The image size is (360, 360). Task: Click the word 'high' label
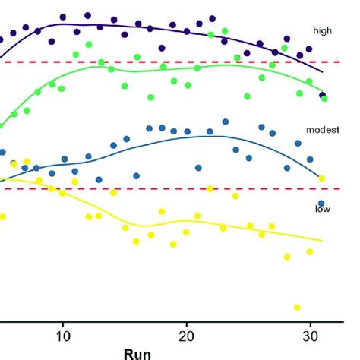click(x=323, y=30)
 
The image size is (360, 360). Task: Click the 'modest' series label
click(x=321, y=130)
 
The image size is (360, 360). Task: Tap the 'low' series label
click(x=323, y=207)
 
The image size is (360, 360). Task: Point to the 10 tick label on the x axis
click(x=64, y=334)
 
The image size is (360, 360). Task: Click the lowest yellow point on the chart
click(x=297, y=307)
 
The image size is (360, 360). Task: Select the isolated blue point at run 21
click(x=199, y=168)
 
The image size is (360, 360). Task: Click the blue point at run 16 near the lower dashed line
click(x=137, y=175)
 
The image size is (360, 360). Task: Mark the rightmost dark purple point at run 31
click(x=323, y=96)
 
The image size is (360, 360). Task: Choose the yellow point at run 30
click(x=310, y=251)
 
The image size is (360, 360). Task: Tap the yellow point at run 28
click(x=287, y=257)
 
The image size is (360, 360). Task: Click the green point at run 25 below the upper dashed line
click(x=248, y=96)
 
